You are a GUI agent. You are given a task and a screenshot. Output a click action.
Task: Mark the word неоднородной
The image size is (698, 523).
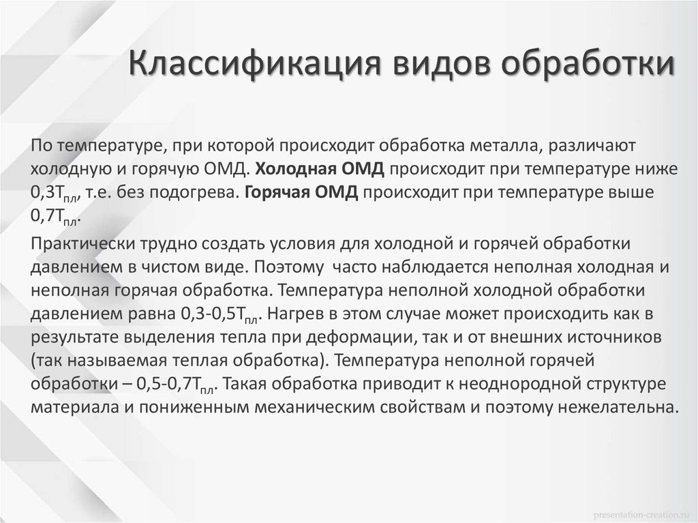tap(486, 384)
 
